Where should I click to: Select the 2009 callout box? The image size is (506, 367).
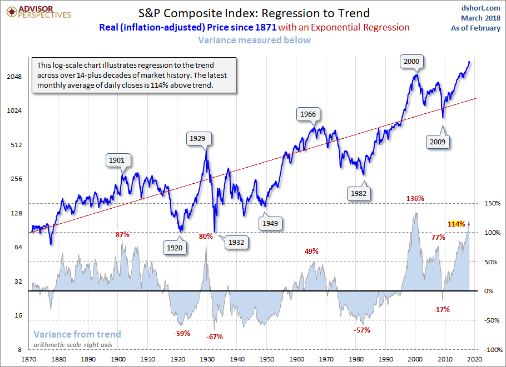pos(436,142)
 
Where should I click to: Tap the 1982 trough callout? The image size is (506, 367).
pos(358,193)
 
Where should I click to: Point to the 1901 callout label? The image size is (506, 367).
pos(117,160)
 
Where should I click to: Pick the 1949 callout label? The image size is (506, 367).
pos(271,223)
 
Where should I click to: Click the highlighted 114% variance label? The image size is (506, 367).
pos(456,224)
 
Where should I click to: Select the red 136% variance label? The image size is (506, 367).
pos(415,198)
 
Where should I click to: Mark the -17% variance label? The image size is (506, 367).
pos(441,309)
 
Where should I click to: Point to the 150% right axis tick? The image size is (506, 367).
pos(493,203)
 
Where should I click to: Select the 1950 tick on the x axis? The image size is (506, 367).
pos(266,360)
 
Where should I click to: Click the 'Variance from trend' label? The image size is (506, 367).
pos(77,334)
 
